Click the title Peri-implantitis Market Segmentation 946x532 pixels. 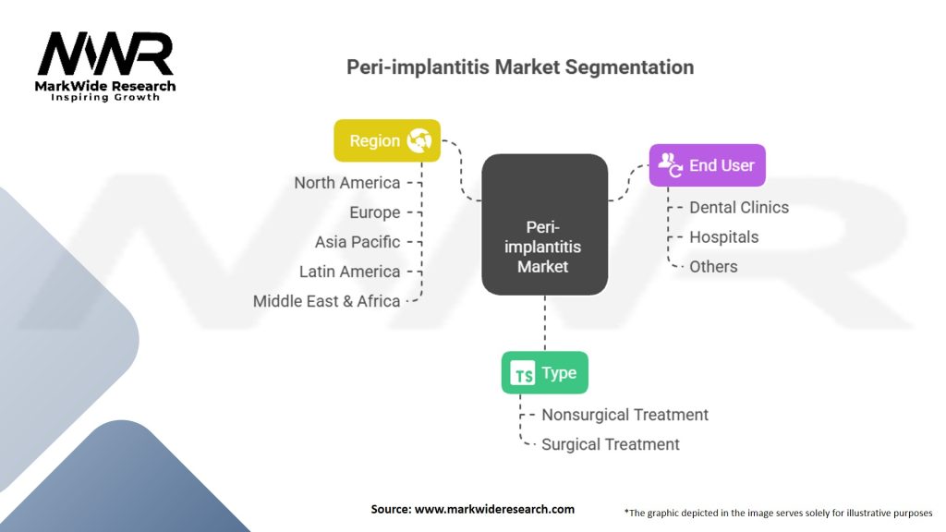519,67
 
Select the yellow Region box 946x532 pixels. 386,141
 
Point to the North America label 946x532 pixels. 347,183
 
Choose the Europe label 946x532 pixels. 375,212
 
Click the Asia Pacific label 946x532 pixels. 358,242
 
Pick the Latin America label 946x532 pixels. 350,272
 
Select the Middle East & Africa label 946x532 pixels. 327,301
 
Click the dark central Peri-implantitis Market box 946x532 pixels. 544,224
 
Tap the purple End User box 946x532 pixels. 707,165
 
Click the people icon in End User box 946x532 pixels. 670,165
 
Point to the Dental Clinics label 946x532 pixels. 739,207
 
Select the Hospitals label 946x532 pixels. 724,236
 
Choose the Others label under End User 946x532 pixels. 713,266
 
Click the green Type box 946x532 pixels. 544,373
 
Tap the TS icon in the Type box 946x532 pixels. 523,374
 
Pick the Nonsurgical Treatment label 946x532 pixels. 625,415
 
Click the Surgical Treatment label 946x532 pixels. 610,444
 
